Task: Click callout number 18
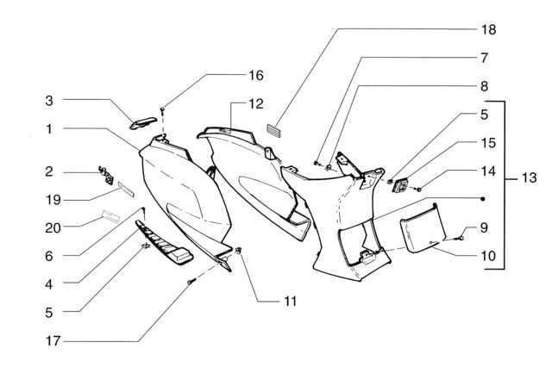[x=489, y=29]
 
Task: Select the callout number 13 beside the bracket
[x=529, y=177]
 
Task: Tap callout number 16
[x=256, y=75]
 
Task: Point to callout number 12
[x=256, y=104]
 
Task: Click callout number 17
[x=53, y=341]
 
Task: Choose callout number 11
[x=290, y=302]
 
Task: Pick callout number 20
[x=53, y=228]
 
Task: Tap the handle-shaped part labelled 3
[x=143, y=122]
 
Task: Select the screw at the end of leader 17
[x=191, y=281]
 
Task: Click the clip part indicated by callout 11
[x=239, y=251]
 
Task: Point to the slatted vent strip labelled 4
[x=164, y=243]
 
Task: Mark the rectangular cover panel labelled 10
[x=423, y=228]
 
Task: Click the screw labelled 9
[x=460, y=238]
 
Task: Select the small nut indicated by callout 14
[x=419, y=190]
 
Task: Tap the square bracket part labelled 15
[x=400, y=185]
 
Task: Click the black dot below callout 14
[x=483, y=199]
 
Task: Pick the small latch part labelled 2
[x=106, y=176]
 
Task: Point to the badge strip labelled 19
[x=126, y=190]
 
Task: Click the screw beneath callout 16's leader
[x=162, y=110]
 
